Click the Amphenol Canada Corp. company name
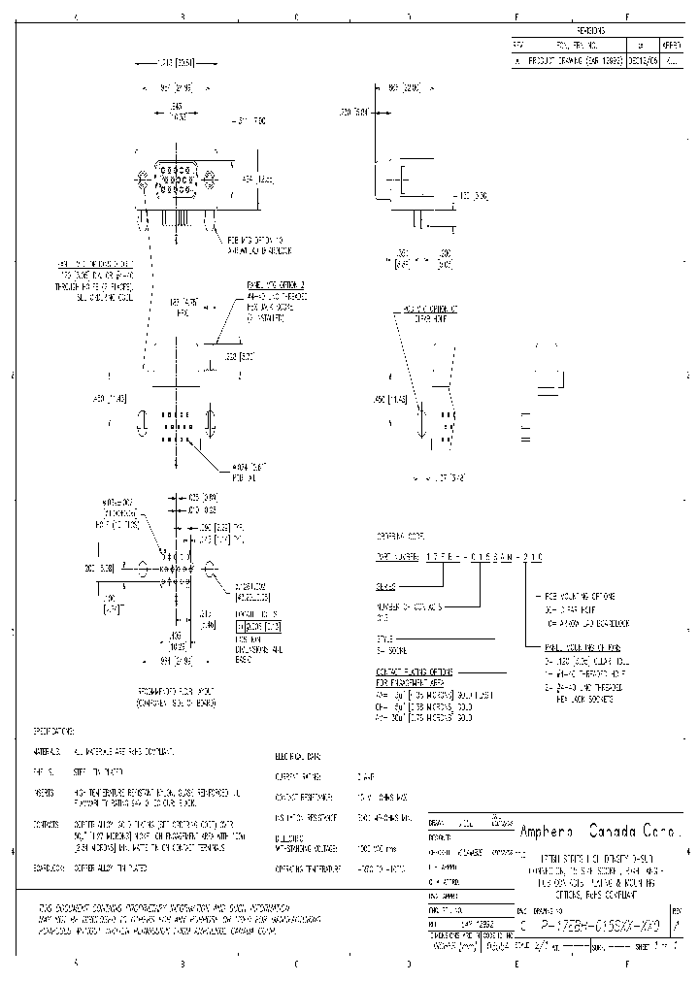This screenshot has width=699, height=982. point(602,832)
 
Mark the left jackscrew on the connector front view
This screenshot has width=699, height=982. point(143,180)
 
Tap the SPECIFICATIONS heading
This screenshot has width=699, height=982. point(53,730)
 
